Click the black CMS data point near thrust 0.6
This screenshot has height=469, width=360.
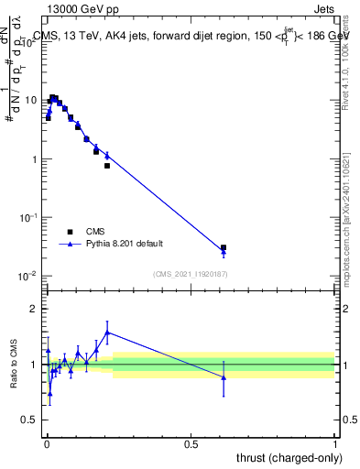coord(224,247)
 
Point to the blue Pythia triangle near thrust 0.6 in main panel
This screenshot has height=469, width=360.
coord(224,254)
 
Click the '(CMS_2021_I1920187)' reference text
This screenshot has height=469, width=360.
coord(190,273)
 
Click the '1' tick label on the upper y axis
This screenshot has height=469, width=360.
coord(34,159)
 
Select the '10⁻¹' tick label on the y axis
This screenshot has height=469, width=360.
coord(28,217)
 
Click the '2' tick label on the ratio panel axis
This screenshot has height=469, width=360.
coord(34,309)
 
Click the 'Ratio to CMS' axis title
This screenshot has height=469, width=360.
coord(14,365)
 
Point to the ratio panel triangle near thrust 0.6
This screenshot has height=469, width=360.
coord(224,377)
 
